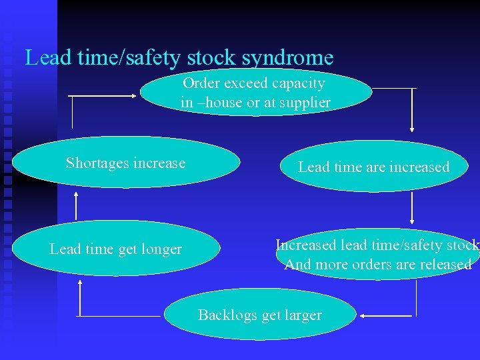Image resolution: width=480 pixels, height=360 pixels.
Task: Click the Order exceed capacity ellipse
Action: pyautogui.click(x=255, y=93)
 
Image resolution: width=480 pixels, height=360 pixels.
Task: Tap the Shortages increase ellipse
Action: pyautogui.click(x=125, y=163)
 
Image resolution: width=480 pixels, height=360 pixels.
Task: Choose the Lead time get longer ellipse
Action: pyautogui.click(x=115, y=249)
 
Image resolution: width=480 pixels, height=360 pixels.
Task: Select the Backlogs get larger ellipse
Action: pyautogui.click(x=260, y=315)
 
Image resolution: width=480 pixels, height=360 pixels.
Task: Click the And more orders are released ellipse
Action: pyautogui.click(x=378, y=255)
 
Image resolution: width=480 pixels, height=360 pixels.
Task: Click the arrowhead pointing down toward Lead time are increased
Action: pyautogui.click(x=413, y=129)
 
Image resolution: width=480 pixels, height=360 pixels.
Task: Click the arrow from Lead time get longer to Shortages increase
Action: pyautogui.click(x=76, y=205)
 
